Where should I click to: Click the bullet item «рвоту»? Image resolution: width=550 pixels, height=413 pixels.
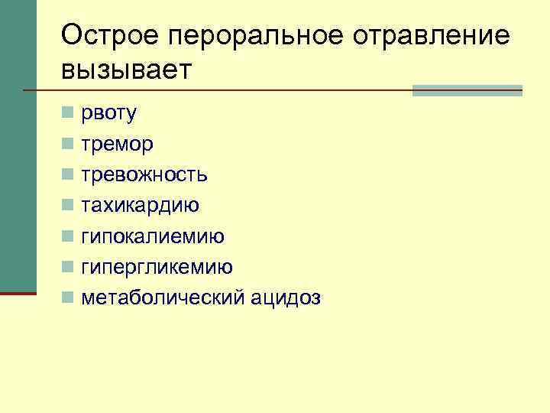(x=108, y=114)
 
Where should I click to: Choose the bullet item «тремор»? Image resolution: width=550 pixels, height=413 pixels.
(x=117, y=144)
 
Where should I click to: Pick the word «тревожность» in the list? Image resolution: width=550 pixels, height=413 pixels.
(x=144, y=174)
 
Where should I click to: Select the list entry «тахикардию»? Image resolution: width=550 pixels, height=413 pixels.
(x=141, y=205)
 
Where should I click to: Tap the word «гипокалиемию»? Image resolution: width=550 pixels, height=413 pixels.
(x=153, y=236)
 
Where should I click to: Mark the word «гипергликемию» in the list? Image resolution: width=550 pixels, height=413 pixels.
(x=157, y=267)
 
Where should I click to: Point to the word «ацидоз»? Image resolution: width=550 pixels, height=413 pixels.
(x=286, y=298)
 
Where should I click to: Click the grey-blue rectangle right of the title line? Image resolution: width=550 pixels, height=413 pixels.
(x=467, y=90)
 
